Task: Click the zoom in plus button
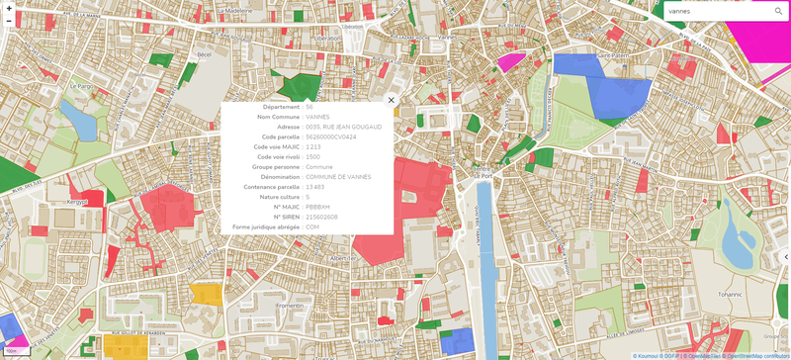tap(8, 8)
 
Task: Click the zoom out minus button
tap(8, 21)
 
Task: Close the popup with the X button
tap(392, 100)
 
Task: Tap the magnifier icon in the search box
tap(779, 11)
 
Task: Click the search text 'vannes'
tap(680, 11)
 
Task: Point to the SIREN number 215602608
tap(322, 217)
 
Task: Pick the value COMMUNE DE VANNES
tap(338, 176)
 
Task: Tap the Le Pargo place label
tap(80, 86)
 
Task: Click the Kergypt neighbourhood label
tap(77, 201)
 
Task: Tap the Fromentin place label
tap(291, 306)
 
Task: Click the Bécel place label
tap(205, 53)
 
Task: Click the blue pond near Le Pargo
tap(77, 119)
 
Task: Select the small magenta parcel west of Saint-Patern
tap(510, 60)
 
